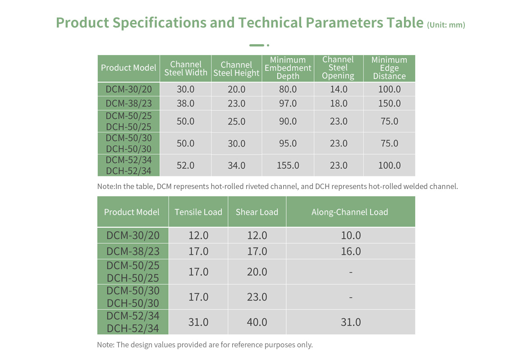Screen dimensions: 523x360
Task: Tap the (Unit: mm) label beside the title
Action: coord(446,25)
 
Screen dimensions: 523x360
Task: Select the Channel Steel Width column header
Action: coord(186,69)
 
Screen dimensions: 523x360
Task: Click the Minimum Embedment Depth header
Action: coord(288,68)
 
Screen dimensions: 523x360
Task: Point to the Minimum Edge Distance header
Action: coord(389,68)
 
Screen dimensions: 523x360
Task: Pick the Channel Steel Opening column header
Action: coord(338,68)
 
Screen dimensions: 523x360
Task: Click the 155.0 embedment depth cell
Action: coord(288,166)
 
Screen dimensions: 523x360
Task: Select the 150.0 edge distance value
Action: coord(389,103)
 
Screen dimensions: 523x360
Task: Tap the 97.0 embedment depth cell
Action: coord(288,103)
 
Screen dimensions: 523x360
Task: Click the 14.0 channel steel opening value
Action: coord(339,89)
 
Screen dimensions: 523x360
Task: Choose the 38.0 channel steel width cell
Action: coord(185,103)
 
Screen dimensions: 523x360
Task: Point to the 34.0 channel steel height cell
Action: coord(237,166)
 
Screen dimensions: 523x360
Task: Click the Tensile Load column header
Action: coord(198,212)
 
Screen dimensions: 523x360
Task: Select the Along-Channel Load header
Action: coord(350,212)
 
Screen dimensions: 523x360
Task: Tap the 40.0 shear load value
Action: coord(257,322)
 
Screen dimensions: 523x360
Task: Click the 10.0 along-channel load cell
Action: coord(351,235)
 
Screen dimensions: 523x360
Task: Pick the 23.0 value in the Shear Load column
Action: coord(257,297)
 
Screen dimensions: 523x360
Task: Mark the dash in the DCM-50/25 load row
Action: coord(351,272)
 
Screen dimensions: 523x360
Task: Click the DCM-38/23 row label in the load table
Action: coord(133,252)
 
